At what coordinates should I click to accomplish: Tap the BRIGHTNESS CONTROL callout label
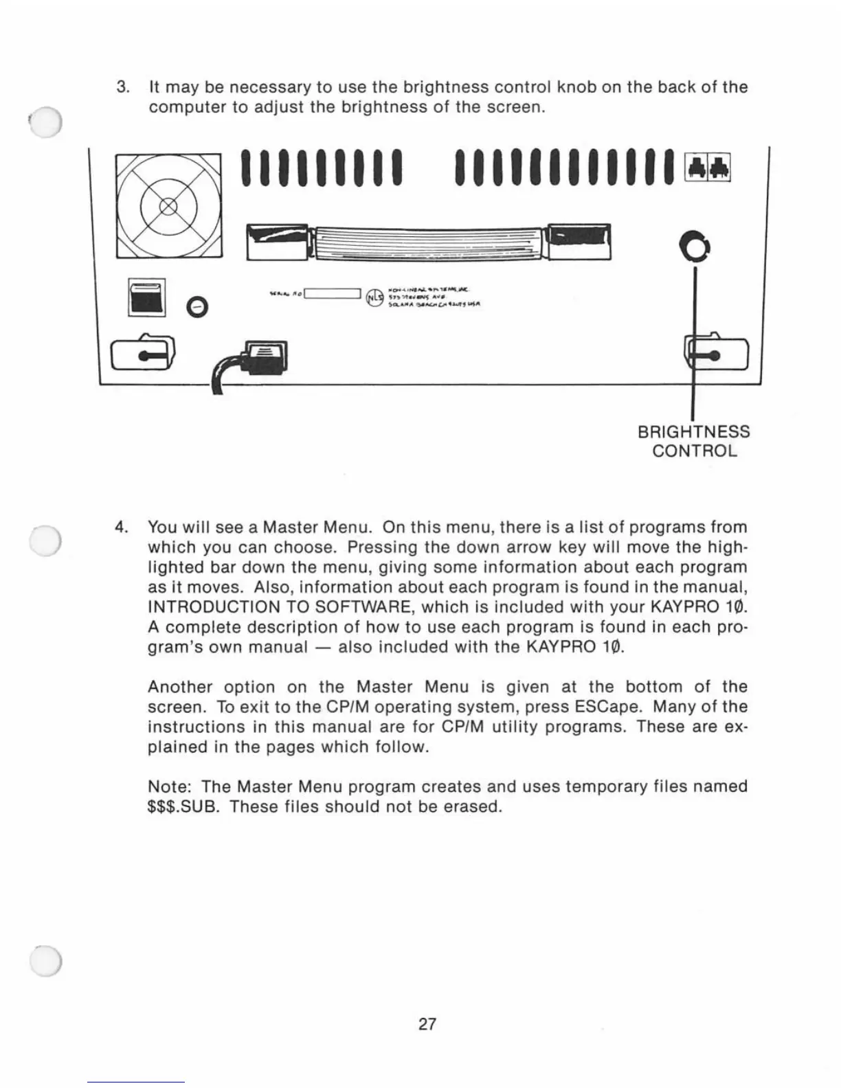[694, 441]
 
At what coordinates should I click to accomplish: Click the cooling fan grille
[168, 206]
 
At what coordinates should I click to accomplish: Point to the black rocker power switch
[146, 297]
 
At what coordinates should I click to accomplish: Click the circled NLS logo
[373, 297]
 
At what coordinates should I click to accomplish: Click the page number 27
[427, 1024]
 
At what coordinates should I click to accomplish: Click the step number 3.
[123, 88]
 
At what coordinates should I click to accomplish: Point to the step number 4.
[122, 528]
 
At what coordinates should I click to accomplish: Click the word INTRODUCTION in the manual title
[214, 607]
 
